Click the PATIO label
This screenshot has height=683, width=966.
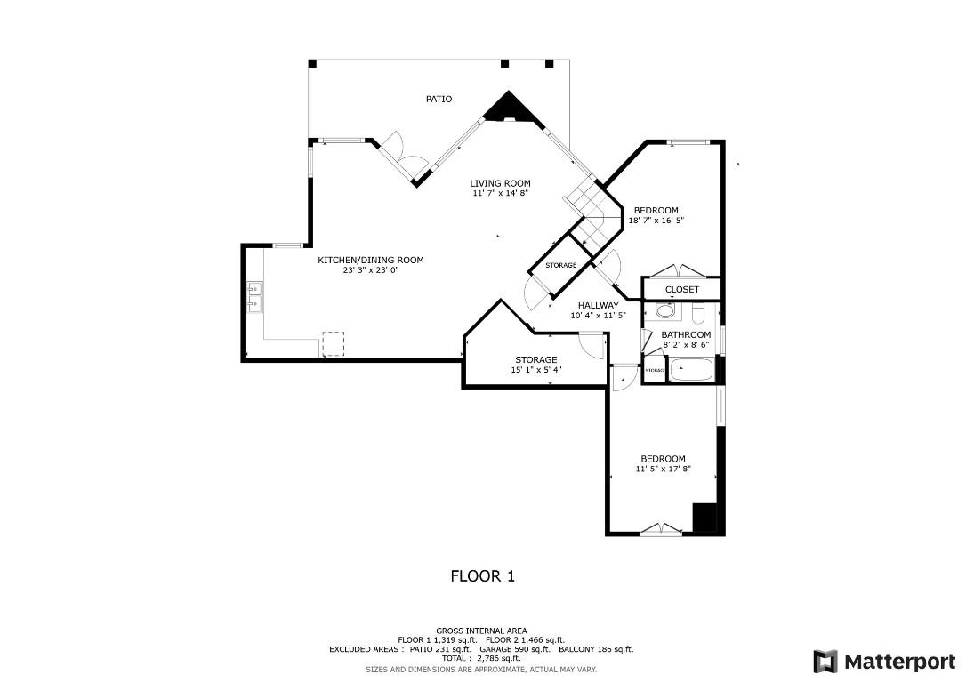point(438,99)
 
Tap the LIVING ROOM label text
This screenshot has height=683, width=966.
point(500,183)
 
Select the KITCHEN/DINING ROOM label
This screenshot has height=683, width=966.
point(370,260)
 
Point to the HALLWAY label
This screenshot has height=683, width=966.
point(598,305)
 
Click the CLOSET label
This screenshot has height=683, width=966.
point(681,289)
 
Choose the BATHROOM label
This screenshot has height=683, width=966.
point(686,334)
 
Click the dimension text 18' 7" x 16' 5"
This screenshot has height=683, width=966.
point(656,221)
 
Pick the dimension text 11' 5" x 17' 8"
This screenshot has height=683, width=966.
point(663,469)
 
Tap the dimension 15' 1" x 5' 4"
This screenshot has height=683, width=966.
point(535,370)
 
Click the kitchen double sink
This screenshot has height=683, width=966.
point(254,297)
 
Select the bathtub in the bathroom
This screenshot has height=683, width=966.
point(692,369)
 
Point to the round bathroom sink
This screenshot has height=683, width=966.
point(664,311)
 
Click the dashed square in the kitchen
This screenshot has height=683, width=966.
point(333,344)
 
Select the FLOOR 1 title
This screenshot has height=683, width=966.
point(482,576)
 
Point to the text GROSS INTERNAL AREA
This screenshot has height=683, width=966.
point(481,631)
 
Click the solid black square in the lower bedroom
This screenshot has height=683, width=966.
point(704,518)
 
